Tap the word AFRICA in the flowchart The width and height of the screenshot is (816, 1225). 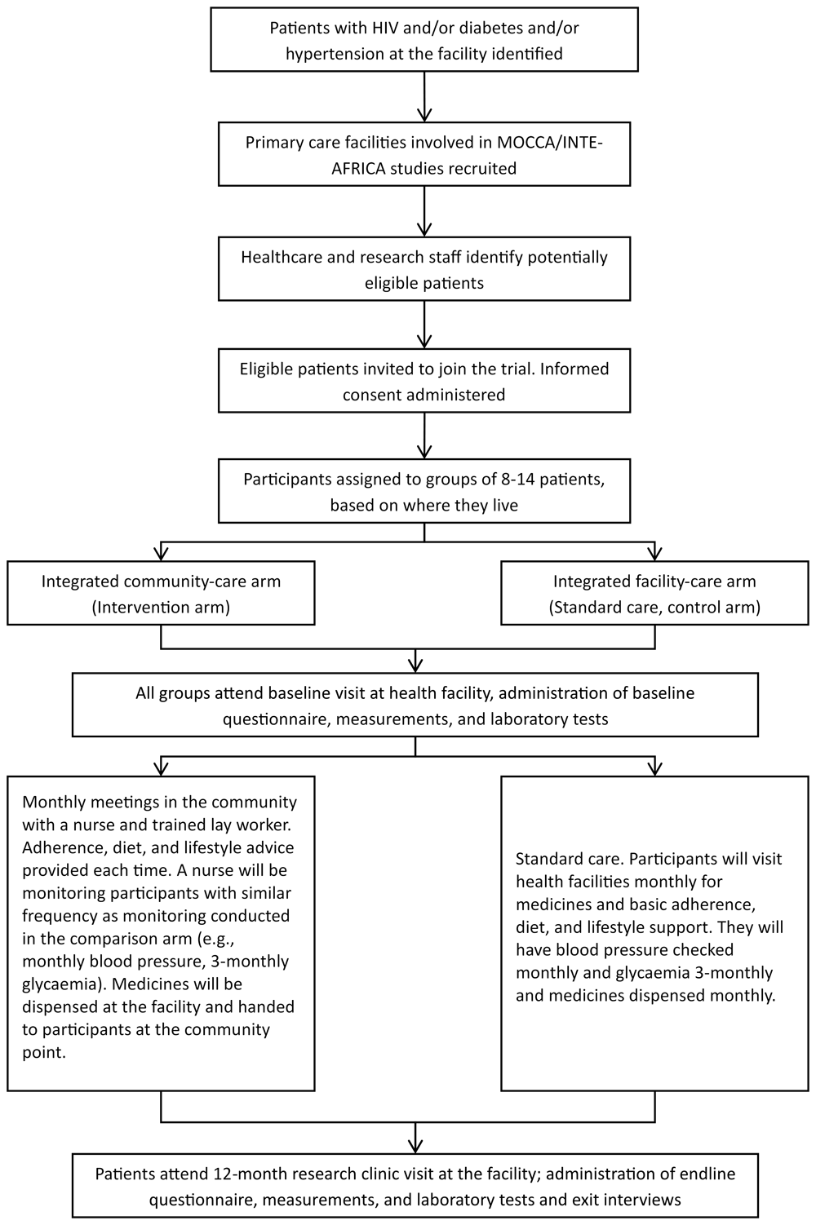click(x=358, y=169)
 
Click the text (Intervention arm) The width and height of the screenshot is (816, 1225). click(x=161, y=608)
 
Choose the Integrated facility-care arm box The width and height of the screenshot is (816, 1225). click(x=654, y=593)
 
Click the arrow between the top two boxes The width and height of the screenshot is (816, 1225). click(x=424, y=96)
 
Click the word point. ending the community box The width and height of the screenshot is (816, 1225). click(x=44, y=1053)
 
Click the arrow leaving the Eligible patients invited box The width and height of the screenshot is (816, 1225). click(x=424, y=436)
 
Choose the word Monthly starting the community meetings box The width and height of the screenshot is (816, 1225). click(x=53, y=803)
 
